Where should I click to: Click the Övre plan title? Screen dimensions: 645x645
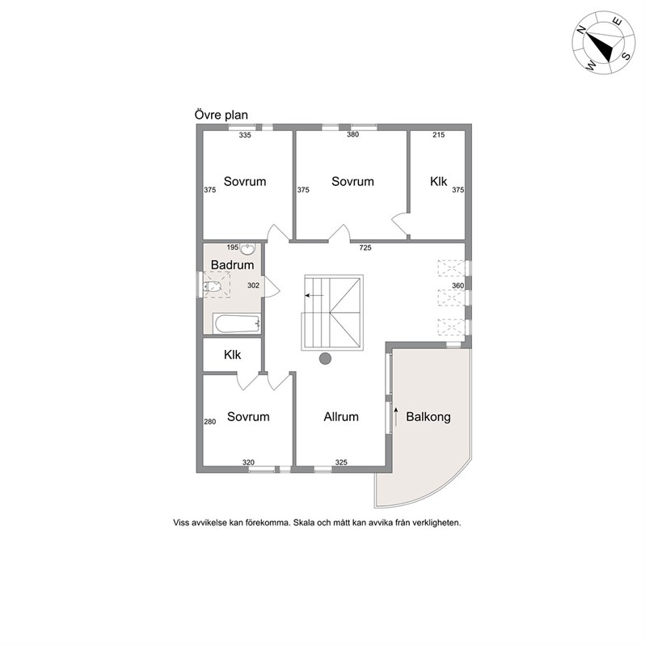(x=221, y=115)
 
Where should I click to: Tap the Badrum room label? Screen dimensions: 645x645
(x=233, y=265)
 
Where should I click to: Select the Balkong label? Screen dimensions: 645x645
(x=428, y=417)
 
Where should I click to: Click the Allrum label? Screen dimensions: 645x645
(x=341, y=417)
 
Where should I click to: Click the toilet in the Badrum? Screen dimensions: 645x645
(x=213, y=287)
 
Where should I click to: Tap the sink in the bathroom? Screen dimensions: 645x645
(x=247, y=248)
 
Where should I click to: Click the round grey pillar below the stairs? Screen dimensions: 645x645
(x=326, y=359)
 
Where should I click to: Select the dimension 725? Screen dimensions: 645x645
(x=365, y=247)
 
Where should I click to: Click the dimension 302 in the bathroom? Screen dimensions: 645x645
(x=254, y=285)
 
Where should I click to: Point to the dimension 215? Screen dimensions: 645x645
(x=439, y=134)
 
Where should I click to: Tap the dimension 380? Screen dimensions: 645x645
(x=353, y=134)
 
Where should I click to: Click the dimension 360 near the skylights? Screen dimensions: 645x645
(x=457, y=285)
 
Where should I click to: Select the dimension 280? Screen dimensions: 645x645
(x=210, y=422)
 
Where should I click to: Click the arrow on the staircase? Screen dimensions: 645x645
(x=314, y=295)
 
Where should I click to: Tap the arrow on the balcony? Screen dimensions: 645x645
(x=396, y=416)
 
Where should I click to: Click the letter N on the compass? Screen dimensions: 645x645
(x=581, y=29)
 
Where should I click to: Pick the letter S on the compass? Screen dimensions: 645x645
(x=626, y=56)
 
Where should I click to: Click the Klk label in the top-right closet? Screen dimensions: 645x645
(x=439, y=181)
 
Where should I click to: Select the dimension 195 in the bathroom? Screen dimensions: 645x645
(x=233, y=247)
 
